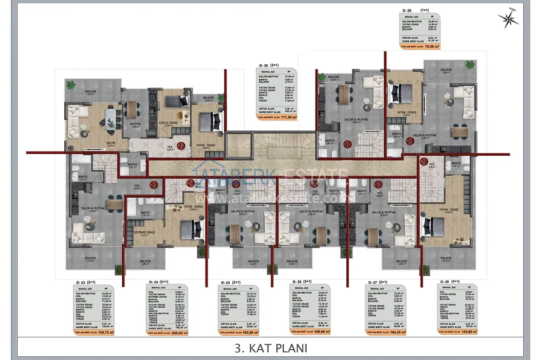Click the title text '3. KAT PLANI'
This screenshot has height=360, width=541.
click(x=270, y=348)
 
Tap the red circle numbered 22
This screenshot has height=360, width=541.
click(x=181, y=146)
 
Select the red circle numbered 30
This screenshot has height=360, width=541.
click(x=348, y=144)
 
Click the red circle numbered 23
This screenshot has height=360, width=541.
click(x=153, y=184)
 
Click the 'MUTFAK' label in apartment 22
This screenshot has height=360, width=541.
click(x=135, y=124)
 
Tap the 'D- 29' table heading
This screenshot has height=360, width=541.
click(x=407, y=11)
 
